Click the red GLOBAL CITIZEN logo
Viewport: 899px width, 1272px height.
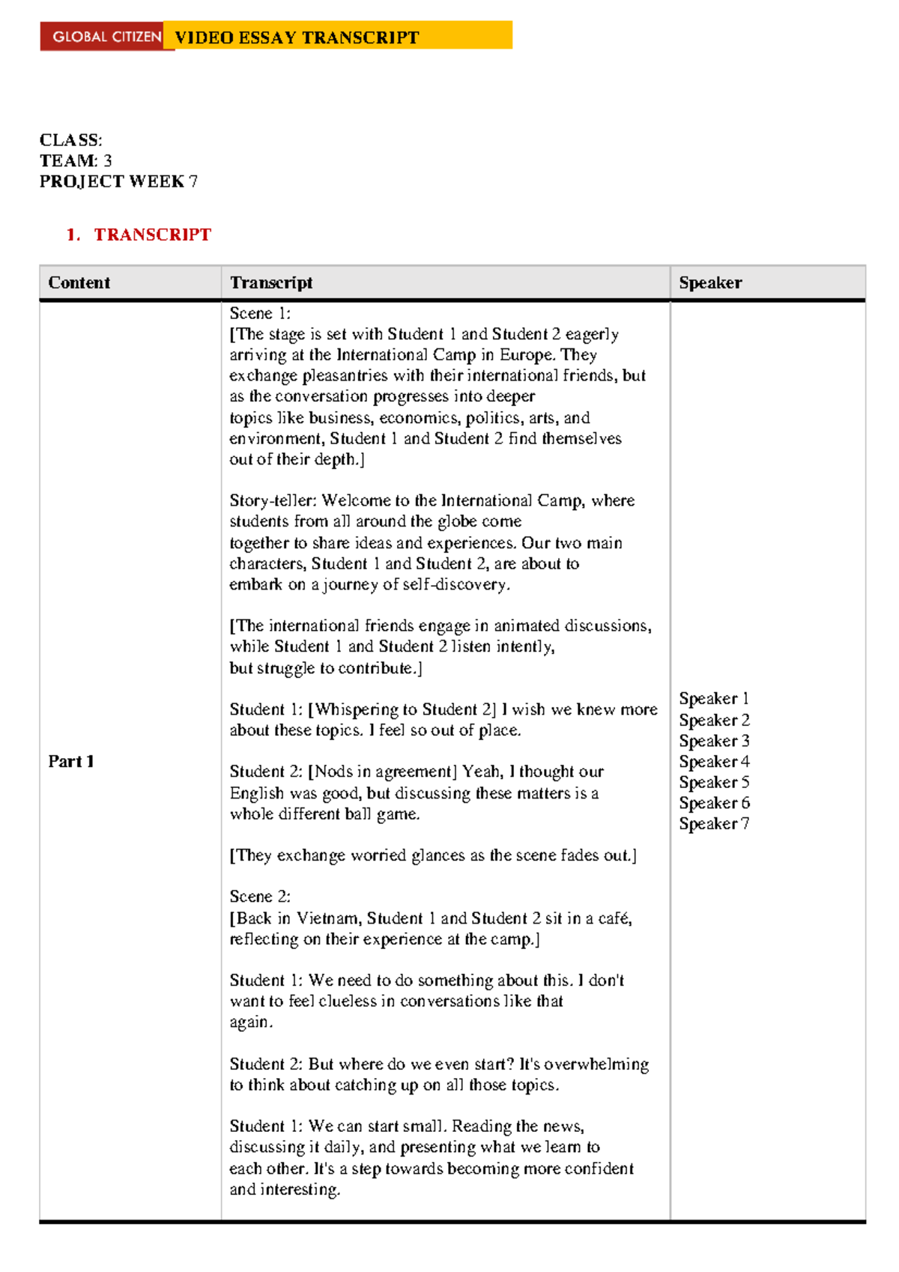click(x=106, y=37)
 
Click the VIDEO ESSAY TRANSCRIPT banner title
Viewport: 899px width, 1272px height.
click(x=297, y=37)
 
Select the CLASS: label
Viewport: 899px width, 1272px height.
click(x=71, y=140)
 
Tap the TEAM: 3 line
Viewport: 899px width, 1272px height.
click(x=76, y=160)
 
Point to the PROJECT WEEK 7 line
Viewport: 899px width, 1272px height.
click(x=118, y=181)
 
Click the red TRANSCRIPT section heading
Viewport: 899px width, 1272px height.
click(x=152, y=234)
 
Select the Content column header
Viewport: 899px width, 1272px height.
click(x=79, y=282)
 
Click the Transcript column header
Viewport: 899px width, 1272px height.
click(x=271, y=282)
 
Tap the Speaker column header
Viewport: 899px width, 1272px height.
click(x=710, y=282)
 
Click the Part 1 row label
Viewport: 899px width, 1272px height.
click(x=71, y=761)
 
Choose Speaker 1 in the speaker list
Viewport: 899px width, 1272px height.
click(x=713, y=698)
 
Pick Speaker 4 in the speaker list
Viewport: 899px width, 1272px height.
click(x=713, y=761)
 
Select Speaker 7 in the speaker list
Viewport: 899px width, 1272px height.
click(x=713, y=823)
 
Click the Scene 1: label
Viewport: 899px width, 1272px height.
click(x=260, y=313)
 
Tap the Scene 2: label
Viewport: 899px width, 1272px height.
click(x=260, y=896)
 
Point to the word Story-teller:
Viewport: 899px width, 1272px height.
click(x=273, y=500)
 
